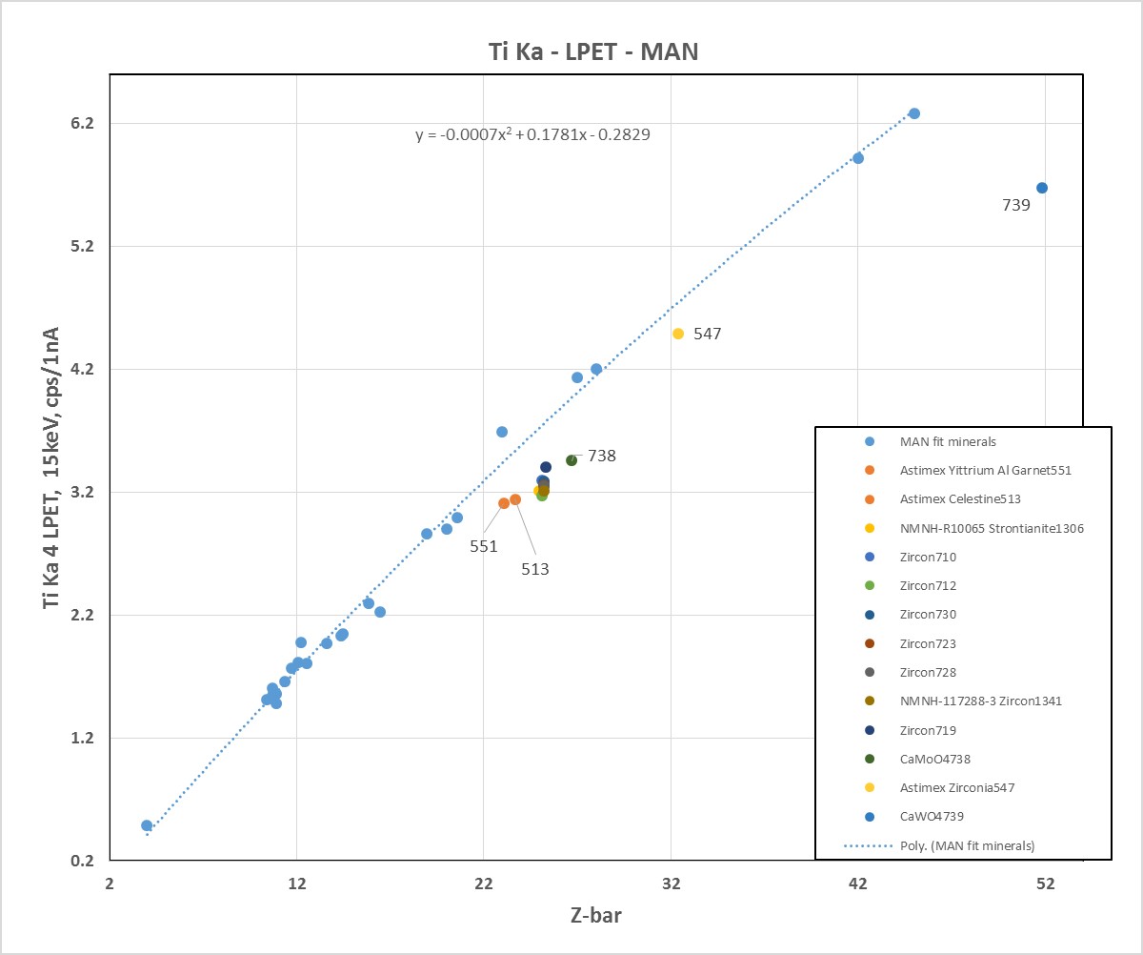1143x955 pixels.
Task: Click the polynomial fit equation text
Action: point(532,134)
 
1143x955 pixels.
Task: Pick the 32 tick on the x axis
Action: point(671,884)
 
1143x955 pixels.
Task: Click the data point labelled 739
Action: point(1042,188)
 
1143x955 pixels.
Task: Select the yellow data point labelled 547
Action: point(678,334)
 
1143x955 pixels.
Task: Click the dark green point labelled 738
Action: point(571,460)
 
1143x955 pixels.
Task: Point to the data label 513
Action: point(534,569)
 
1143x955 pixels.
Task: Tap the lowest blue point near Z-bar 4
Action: point(147,825)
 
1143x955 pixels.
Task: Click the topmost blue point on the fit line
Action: point(914,113)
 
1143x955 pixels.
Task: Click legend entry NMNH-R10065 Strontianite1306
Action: point(992,528)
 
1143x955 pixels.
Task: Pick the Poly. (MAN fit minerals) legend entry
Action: point(967,845)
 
